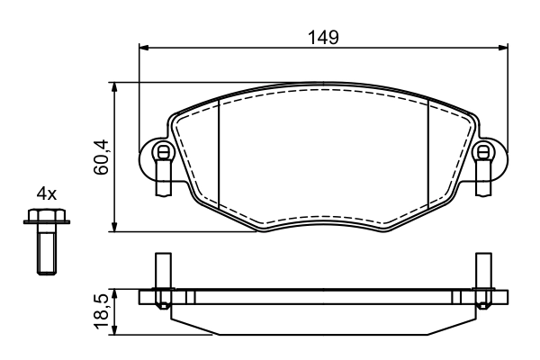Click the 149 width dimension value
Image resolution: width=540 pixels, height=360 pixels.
click(322, 37)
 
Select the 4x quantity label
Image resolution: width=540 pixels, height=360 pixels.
click(46, 193)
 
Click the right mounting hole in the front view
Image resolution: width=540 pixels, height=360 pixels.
click(483, 151)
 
